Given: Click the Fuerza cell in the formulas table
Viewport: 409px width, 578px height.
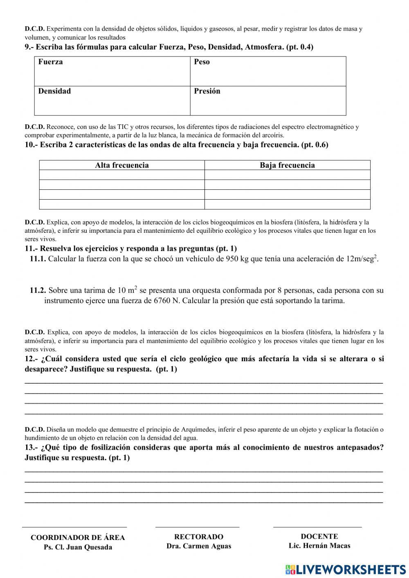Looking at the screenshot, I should click(112, 71).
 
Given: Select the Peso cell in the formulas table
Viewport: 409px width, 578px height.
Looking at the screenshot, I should click(268, 71).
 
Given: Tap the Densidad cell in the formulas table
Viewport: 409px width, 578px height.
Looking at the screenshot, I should click(112, 101).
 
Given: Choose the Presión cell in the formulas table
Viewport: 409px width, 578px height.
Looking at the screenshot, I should click(268, 101).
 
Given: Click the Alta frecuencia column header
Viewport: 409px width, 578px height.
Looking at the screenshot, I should click(122, 165).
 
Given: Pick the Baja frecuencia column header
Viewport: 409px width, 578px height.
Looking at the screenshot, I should click(287, 165).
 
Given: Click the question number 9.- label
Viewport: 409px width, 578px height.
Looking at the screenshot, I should click(29, 47).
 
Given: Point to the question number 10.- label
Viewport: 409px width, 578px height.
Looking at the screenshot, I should click(31, 145).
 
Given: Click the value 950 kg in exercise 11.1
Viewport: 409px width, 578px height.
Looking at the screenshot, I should click(237, 259).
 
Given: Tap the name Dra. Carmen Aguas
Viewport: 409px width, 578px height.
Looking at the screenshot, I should click(199, 546).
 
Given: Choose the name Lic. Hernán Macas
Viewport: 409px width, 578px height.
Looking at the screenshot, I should click(319, 546).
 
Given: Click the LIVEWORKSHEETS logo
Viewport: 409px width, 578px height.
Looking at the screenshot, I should click(346, 569).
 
